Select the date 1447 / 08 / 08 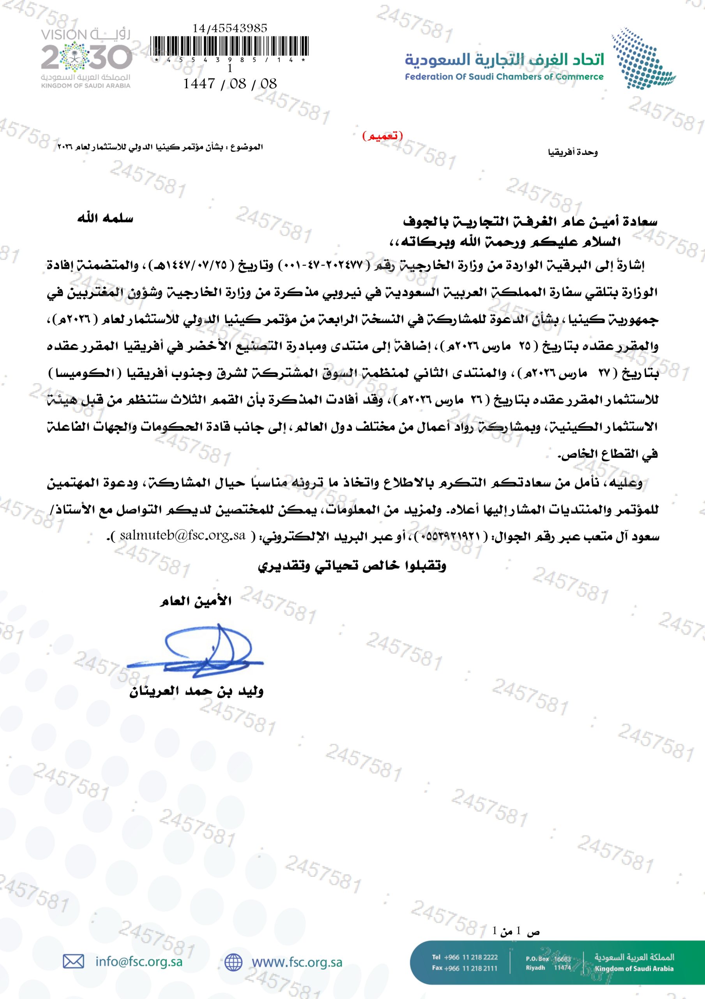[230, 83]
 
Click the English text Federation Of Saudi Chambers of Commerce [504, 77]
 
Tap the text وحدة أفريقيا [573, 152]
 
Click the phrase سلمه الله [105, 219]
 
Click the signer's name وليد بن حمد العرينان [196, 691]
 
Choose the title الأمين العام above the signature [195, 602]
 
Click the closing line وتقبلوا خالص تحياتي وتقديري [352, 566]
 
